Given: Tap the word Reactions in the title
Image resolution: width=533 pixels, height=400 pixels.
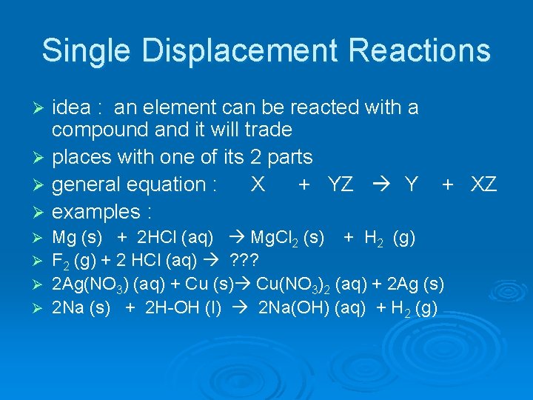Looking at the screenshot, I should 417,51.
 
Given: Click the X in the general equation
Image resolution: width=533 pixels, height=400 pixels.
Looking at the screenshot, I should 257,184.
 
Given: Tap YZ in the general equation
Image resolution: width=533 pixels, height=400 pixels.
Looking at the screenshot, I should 340,184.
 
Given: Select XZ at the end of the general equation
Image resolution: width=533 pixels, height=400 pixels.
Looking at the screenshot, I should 484,184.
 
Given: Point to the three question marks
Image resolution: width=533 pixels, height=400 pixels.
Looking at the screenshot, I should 244,261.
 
